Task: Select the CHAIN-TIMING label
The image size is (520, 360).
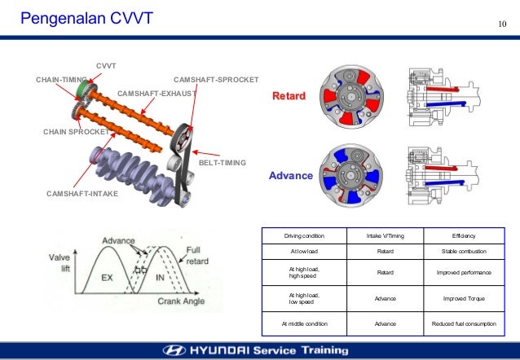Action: pos(61,80)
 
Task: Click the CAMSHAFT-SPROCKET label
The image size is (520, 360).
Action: pos(217,80)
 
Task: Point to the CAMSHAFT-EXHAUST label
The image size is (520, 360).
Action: pos(158,94)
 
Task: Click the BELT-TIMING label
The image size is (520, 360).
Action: pos(223,163)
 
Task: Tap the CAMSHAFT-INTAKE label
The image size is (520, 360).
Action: pos(82,193)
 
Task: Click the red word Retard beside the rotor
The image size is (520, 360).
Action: pos(289,96)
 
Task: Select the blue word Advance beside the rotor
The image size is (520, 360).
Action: pos(290,176)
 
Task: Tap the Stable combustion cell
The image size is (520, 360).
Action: pos(462,252)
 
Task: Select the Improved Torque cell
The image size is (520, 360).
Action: pos(462,298)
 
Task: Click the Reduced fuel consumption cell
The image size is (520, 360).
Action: pos(462,324)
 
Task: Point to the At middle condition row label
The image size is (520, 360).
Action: pos(303,324)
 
